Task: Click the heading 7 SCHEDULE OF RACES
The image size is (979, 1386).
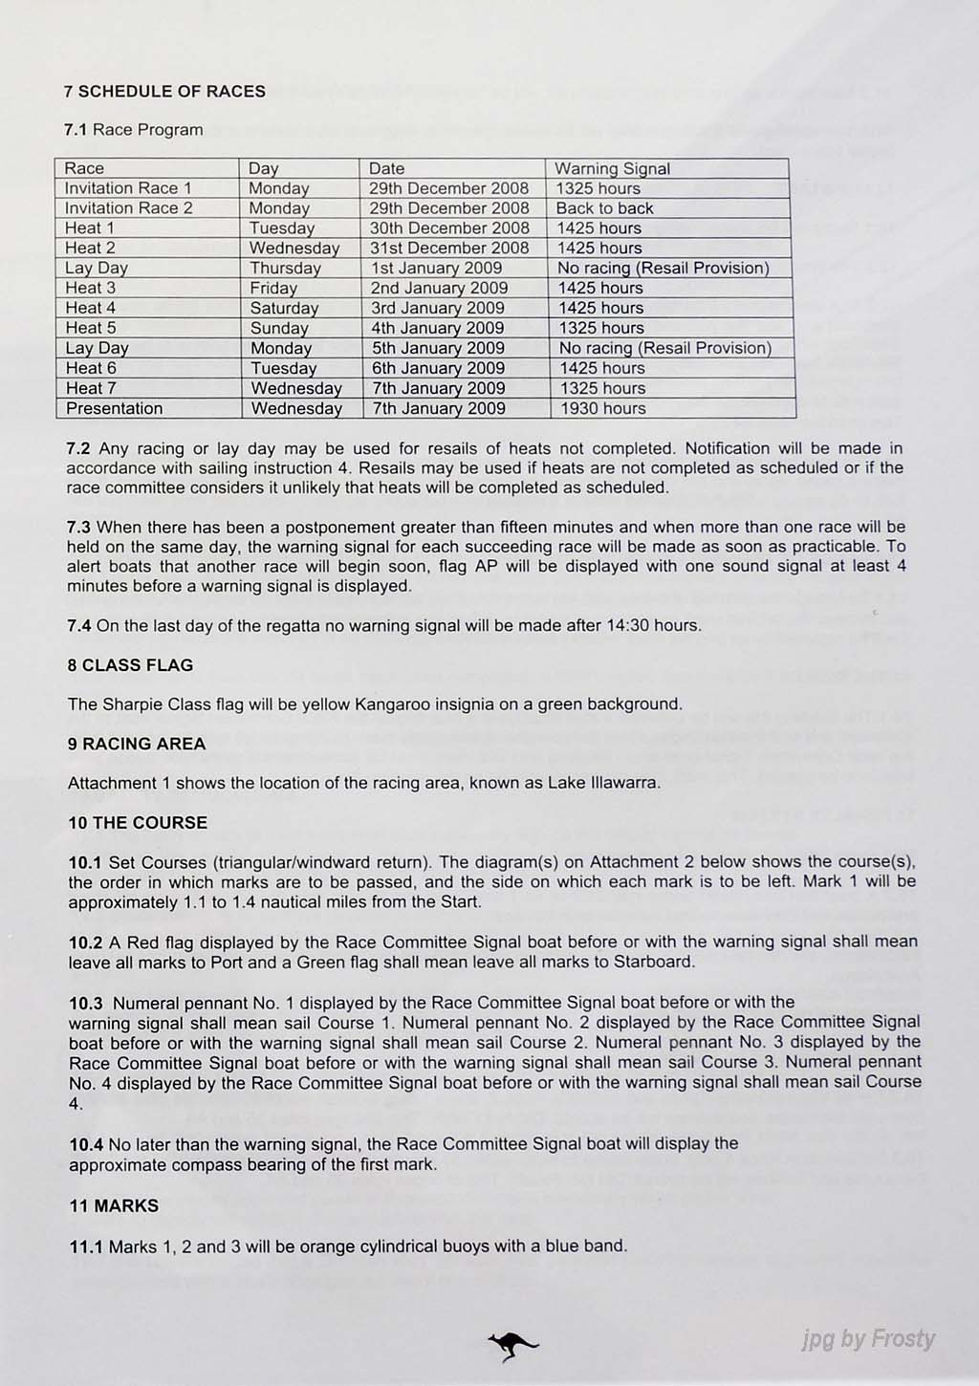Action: [164, 92]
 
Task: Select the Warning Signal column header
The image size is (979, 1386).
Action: [612, 169]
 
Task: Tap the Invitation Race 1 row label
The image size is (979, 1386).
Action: [128, 188]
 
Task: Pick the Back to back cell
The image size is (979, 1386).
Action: [605, 208]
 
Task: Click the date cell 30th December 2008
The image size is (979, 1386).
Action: [449, 228]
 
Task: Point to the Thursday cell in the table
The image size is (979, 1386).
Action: [285, 269]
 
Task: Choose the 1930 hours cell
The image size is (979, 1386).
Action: [602, 409]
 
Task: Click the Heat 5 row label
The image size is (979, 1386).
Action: [91, 328]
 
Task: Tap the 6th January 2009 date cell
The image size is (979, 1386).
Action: [438, 368]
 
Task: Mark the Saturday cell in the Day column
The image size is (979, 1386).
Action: [284, 309]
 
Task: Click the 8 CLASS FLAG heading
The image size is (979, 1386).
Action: [130, 665]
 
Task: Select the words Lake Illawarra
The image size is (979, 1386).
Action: [603, 783]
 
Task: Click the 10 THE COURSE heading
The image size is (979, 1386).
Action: [138, 823]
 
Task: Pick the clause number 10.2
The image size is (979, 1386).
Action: [85, 942]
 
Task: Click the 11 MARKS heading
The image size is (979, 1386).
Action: [113, 1206]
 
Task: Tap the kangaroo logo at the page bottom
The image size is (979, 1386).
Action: [512, 1346]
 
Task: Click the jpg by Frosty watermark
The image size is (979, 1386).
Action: [868, 1339]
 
